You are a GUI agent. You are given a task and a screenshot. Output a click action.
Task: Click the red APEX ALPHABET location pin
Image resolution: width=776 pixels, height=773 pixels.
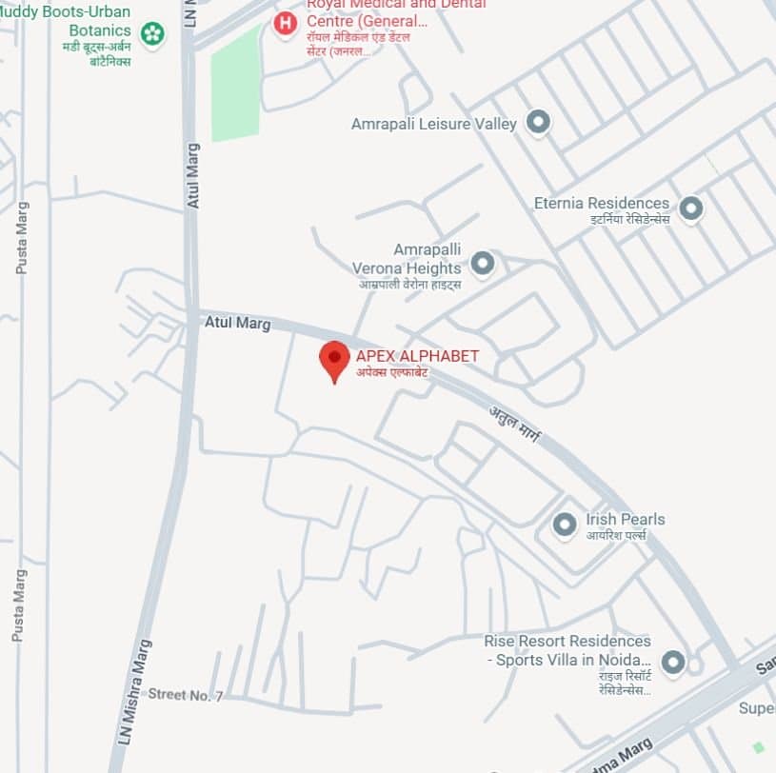click(x=333, y=360)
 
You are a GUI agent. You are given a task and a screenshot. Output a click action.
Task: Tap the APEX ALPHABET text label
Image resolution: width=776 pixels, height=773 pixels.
click(x=417, y=356)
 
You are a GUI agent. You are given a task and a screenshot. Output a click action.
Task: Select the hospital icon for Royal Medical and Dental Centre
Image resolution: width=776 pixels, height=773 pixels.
click(x=285, y=23)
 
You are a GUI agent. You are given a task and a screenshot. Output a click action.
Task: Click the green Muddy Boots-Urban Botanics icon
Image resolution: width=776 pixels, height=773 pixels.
click(x=152, y=34)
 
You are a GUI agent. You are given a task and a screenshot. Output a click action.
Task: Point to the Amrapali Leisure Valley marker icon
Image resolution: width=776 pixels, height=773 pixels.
click(x=539, y=122)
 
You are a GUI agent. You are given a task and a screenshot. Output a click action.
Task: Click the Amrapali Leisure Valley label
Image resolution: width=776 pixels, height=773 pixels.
click(x=433, y=124)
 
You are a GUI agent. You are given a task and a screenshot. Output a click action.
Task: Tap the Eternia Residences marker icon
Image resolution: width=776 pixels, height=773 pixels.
click(x=691, y=208)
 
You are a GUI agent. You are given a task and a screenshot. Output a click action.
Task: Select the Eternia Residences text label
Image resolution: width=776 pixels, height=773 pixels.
click(x=601, y=204)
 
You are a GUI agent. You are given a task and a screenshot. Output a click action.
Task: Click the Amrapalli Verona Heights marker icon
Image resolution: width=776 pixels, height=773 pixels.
click(x=484, y=263)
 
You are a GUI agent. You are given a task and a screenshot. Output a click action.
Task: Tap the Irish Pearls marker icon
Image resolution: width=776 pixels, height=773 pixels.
click(x=566, y=524)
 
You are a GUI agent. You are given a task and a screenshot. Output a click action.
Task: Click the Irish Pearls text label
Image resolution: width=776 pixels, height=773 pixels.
click(x=625, y=520)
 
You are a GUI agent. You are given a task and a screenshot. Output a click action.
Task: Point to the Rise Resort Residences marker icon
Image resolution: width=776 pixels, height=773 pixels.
click(x=674, y=663)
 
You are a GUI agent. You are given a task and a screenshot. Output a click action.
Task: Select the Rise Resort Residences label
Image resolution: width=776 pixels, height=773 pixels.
click(x=567, y=650)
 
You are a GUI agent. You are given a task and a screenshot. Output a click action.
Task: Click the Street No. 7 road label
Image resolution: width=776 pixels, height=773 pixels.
click(x=185, y=696)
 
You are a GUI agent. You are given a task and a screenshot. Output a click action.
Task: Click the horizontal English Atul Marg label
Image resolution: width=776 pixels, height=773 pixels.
click(x=238, y=324)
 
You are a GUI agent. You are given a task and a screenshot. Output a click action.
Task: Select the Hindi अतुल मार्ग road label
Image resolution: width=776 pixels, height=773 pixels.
click(x=515, y=426)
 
